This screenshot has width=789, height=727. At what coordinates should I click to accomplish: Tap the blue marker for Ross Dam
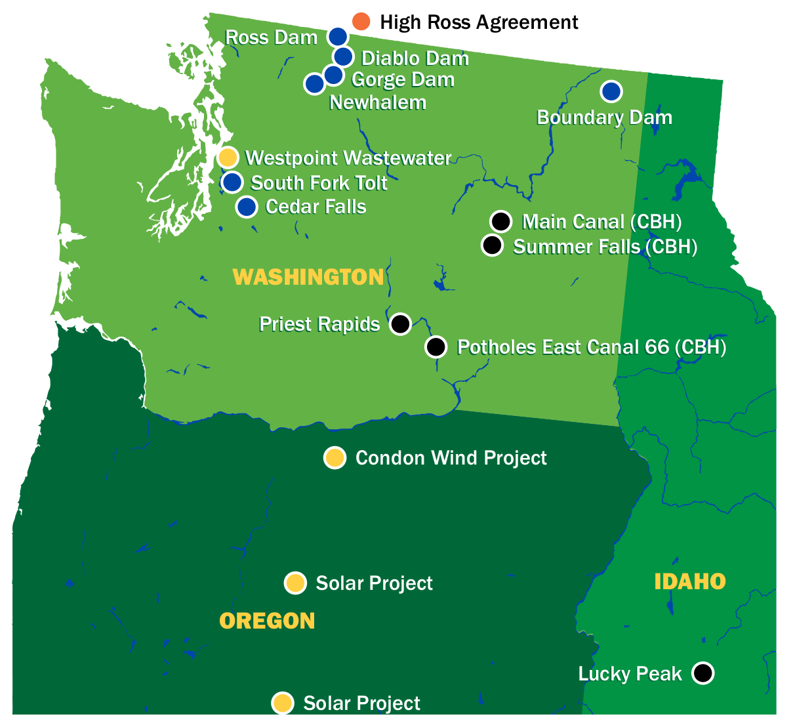(337, 37)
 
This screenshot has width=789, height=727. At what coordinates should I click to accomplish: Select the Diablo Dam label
(415, 58)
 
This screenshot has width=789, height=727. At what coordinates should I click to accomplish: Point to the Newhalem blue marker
(314, 83)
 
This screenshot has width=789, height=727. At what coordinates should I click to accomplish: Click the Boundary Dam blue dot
(611, 91)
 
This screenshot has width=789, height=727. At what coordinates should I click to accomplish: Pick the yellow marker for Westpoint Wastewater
(227, 157)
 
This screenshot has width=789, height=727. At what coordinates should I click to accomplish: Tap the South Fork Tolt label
(319, 182)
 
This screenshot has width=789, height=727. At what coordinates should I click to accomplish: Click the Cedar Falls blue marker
(247, 207)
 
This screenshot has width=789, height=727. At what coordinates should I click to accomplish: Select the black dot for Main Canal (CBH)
(500, 221)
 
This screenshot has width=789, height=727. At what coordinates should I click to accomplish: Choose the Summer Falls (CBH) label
(605, 247)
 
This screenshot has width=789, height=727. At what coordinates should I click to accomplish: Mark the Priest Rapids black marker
(400, 323)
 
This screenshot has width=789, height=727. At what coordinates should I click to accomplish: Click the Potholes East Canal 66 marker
(435, 346)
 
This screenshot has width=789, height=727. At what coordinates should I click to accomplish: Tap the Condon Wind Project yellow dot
(334, 457)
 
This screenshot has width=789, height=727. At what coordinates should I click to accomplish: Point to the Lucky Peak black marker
(702, 673)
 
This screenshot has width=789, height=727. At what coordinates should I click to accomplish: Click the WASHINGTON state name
(308, 277)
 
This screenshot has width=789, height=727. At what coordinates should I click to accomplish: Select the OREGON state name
(267, 621)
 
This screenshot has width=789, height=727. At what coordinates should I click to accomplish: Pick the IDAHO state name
(690, 581)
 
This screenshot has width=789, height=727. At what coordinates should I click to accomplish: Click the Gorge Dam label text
(403, 80)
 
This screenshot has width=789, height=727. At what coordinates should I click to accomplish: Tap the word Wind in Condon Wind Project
(454, 457)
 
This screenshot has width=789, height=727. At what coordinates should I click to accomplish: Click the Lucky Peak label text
(630, 674)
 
